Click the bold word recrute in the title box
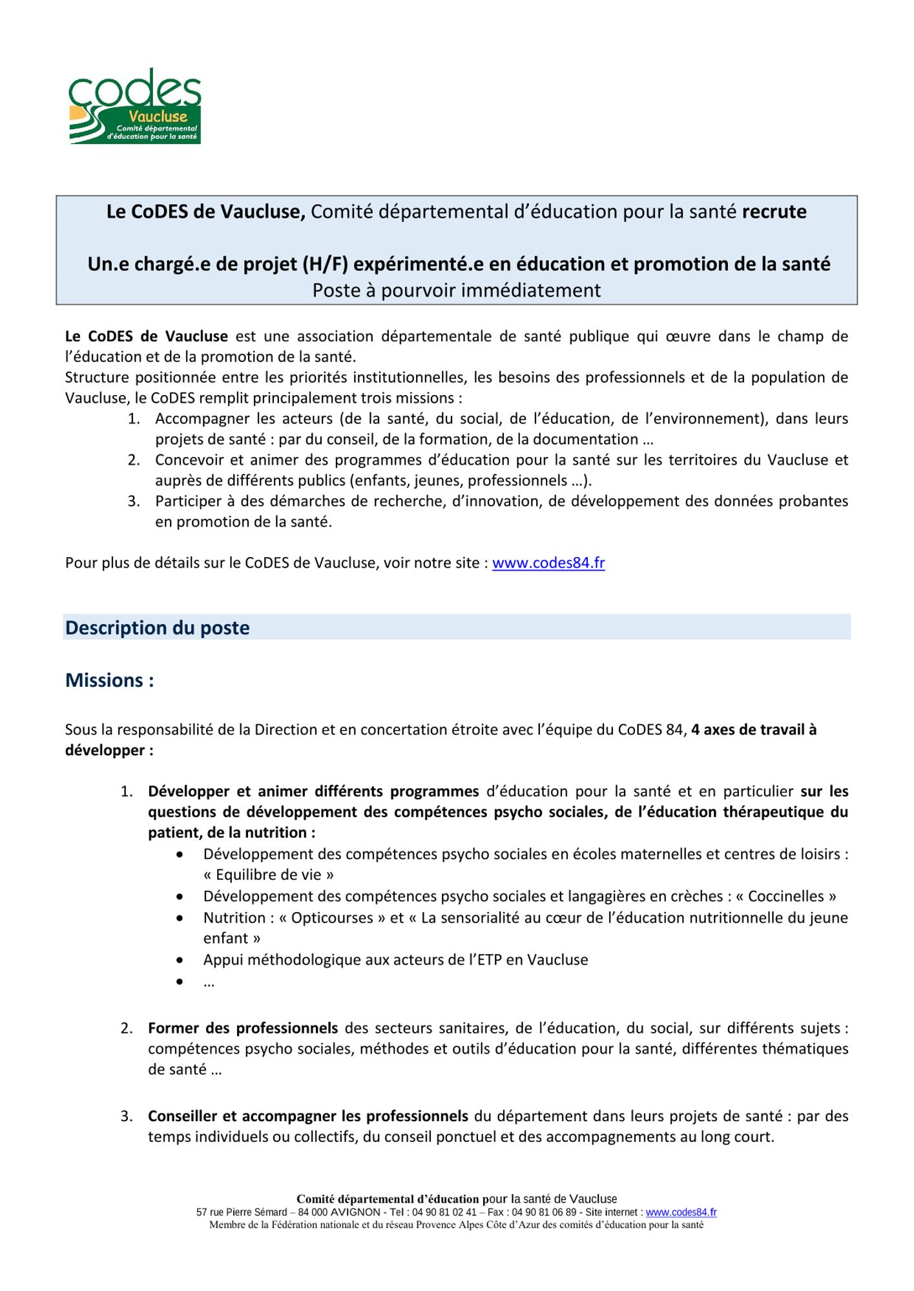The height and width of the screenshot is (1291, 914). (774, 212)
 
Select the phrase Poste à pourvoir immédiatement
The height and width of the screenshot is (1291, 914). (456, 290)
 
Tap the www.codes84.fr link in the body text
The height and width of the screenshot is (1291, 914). (548, 563)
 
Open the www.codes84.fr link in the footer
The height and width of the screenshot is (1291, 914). (681, 1213)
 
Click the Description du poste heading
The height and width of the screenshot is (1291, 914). (157, 628)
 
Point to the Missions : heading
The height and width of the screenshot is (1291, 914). (109, 680)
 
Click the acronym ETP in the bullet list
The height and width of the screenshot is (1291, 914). (488, 960)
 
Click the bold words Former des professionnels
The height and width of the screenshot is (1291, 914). (243, 1028)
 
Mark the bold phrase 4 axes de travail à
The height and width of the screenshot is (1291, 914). (753, 730)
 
